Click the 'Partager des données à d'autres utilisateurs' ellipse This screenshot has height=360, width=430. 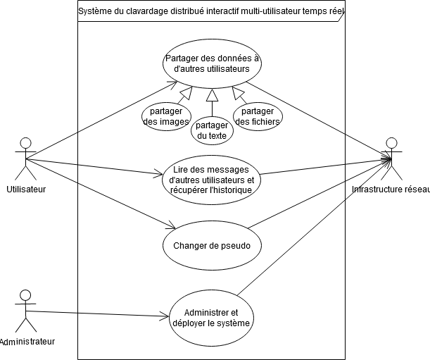point(212,64)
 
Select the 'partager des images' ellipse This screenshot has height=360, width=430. point(167,117)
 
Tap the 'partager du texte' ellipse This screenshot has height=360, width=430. point(212,130)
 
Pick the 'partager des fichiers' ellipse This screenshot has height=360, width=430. point(258,117)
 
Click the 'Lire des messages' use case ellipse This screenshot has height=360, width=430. point(212,180)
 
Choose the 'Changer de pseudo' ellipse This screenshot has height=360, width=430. point(212,246)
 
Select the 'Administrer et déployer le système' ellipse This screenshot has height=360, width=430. point(211,318)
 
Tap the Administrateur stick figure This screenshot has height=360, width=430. point(25,311)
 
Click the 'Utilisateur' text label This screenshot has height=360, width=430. point(26,190)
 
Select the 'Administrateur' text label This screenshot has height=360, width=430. point(27,342)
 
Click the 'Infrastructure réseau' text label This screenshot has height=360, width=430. point(391,190)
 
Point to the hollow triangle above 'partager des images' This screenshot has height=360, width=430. point(186,93)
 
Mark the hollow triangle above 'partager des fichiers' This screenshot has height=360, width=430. point(238,93)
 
